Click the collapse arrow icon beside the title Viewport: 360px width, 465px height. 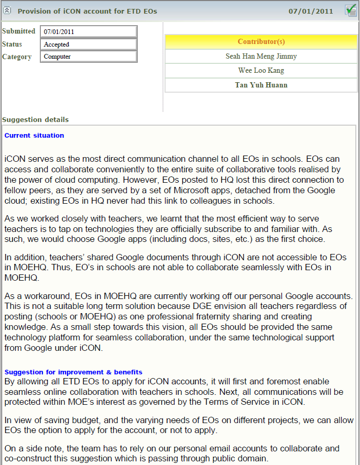click(x=7, y=10)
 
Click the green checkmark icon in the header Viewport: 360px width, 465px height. click(x=351, y=10)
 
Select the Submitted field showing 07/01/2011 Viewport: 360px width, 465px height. click(x=89, y=32)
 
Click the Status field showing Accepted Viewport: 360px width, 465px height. click(x=89, y=45)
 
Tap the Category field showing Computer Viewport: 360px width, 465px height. click(x=89, y=57)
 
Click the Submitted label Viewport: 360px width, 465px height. click(x=19, y=31)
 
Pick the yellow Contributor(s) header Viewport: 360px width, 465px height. click(x=261, y=42)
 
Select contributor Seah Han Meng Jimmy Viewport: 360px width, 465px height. click(x=261, y=56)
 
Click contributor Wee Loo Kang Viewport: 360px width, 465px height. click(x=261, y=70)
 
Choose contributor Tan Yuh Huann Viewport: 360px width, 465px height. click(x=261, y=85)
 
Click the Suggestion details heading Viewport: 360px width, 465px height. click(x=35, y=119)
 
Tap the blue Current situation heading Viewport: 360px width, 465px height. click(x=34, y=136)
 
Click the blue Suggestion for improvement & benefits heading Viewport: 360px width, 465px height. click(x=73, y=372)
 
